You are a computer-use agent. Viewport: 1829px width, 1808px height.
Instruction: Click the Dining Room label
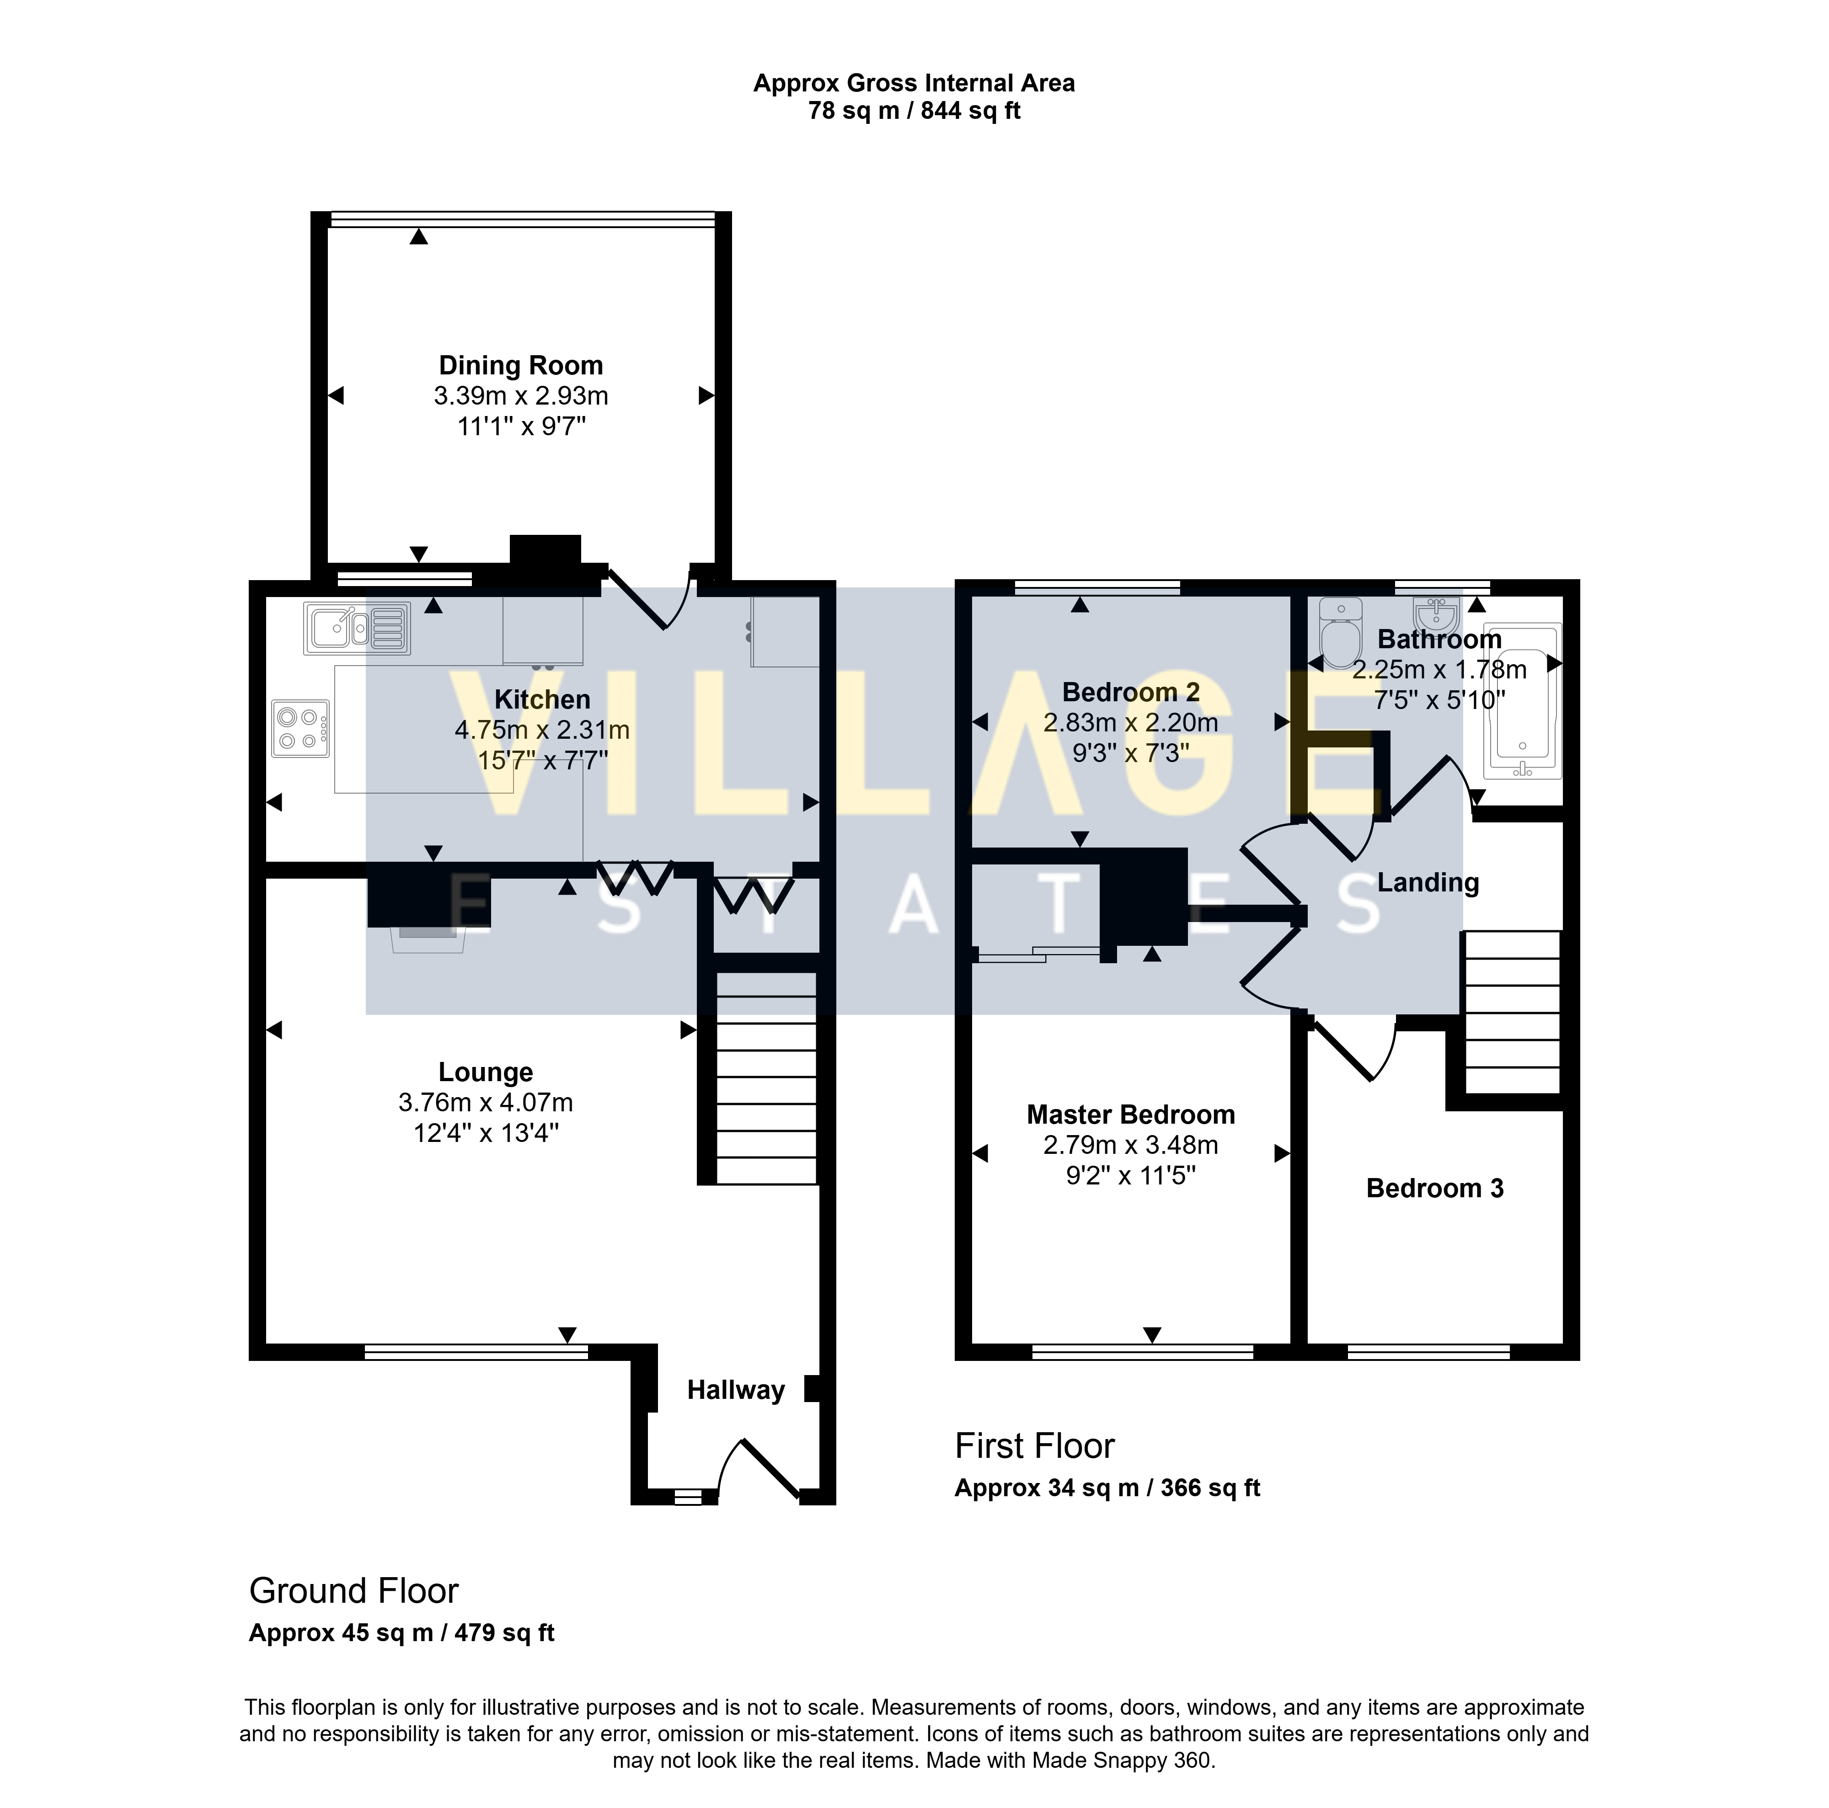coord(521,365)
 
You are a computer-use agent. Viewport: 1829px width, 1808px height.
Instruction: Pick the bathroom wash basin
coord(1436,613)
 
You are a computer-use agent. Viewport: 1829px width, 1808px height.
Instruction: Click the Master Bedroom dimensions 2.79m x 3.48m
coord(1130,1146)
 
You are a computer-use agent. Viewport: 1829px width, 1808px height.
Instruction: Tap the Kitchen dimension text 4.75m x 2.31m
coord(542,730)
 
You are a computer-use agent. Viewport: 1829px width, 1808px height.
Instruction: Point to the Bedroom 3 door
coord(1350,1048)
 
